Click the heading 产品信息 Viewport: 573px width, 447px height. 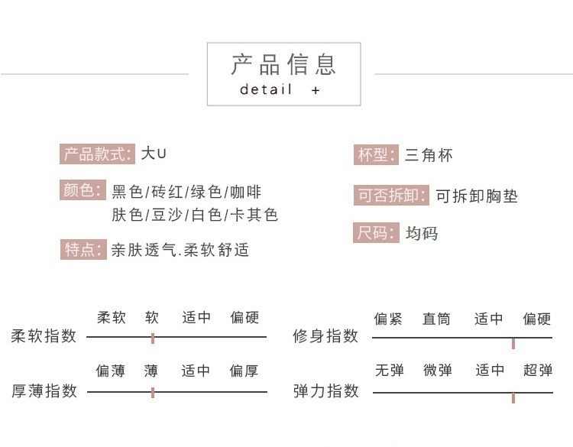(283, 65)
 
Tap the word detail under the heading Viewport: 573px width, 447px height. (266, 89)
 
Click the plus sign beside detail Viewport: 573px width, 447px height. (316, 90)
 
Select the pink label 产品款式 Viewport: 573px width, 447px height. (97, 154)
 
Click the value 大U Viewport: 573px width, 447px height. (154, 153)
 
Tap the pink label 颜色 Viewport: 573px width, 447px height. (83, 189)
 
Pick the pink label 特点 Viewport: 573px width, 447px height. (83, 249)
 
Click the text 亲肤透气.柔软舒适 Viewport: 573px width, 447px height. (180, 250)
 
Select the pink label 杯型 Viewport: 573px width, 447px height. (376, 154)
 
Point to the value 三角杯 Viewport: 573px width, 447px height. (429, 155)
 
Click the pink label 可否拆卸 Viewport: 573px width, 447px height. (391, 195)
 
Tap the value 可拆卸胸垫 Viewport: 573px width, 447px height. (477, 196)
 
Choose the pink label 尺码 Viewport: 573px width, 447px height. (376, 232)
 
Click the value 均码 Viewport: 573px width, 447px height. (421, 233)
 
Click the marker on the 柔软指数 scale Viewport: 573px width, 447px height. (153, 338)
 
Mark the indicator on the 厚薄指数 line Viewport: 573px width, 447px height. (153, 393)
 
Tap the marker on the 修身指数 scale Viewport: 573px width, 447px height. (513, 343)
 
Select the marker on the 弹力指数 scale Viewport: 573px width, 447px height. (513, 397)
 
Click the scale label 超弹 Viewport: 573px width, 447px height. (538, 371)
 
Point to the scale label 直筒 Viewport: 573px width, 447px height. (436, 319)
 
